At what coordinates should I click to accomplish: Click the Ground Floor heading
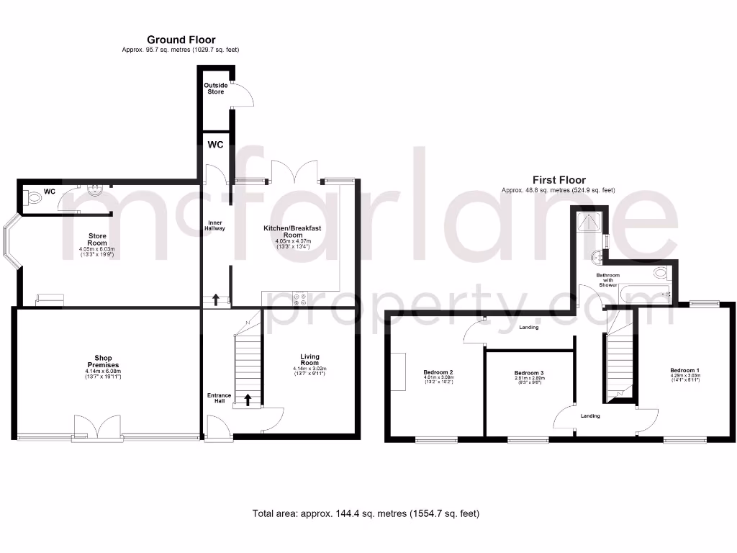tap(181, 40)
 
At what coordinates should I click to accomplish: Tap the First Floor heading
tap(559, 180)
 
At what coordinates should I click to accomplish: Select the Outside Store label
tap(216, 89)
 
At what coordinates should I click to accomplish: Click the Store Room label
tap(97, 239)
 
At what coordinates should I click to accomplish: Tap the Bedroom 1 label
tap(684, 370)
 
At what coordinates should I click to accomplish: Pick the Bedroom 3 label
tap(529, 373)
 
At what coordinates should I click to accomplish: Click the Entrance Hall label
tap(219, 397)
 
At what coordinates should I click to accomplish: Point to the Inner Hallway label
tap(217, 225)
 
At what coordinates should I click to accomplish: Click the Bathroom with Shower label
tap(608, 280)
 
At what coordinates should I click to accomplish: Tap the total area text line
tap(366, 513)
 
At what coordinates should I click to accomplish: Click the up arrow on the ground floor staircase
tap(248, 399)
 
